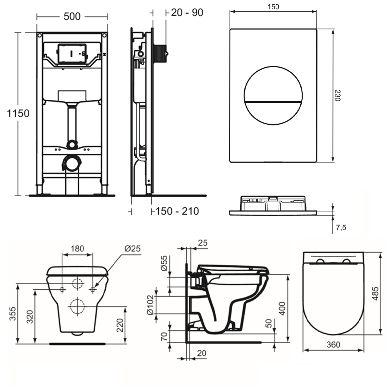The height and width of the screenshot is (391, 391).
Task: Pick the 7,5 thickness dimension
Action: [x=341, y=227]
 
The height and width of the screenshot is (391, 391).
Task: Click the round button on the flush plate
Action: [x=273, y=95]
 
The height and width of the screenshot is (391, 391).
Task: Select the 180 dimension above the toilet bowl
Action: [x=77, y=249]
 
